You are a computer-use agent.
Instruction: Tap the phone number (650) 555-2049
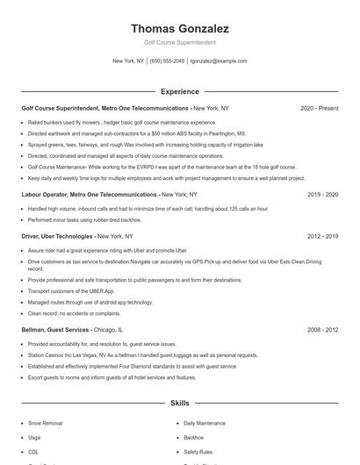(x=167, y=61)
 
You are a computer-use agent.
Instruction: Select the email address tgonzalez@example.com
(x=219, y=61)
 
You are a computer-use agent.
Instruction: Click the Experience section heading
(x=179, y=91)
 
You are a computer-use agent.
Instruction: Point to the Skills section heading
(x=179, y=404)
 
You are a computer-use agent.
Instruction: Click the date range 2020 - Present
(x=319, y=108)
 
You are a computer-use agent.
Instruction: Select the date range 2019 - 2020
(x=322, y=194)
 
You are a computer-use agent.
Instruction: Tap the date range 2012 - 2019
(x=322, y=236)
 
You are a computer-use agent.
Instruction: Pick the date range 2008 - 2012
(x=322, y=329)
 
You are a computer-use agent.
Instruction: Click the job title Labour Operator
(x=43, y=194)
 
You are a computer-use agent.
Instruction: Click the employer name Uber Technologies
(x=68, y=236)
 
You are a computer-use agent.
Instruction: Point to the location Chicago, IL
(x=108, y=329)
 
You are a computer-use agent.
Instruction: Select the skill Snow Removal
(x=45, y=423)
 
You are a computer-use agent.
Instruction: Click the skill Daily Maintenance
(x=205, y=423)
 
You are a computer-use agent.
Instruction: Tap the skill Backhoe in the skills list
(x=193, y=437)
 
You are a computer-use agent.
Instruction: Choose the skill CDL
(x=33, y=451)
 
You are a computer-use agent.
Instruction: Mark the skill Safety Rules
(x=198, y=451)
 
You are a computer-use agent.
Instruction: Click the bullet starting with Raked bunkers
(x=110, y=122)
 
